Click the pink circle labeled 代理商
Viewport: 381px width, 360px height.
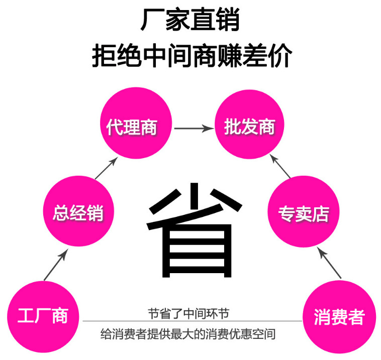point(132,127)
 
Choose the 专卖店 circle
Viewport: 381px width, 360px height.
point(303,212)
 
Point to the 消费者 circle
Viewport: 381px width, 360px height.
point(338,316)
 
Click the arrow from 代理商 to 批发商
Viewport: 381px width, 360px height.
point(193,129)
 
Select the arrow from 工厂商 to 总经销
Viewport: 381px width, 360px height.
point(55,266)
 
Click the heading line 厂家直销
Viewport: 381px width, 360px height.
point(190,22)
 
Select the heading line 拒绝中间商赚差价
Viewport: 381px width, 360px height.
point(191,56)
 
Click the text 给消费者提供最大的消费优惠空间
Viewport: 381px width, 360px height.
point(188,333)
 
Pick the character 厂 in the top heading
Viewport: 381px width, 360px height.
point(152,22)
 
